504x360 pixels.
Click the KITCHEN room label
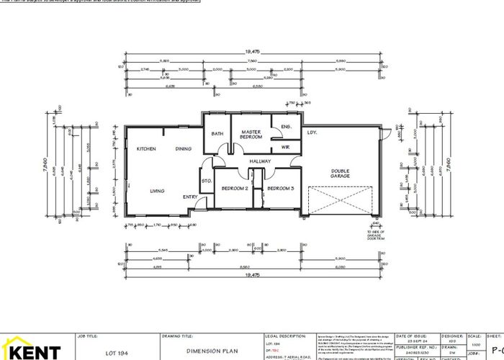click(147, 149)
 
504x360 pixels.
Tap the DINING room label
click(184, 149)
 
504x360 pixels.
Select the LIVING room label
click(157, 191)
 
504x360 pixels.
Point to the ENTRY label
click(190, 197)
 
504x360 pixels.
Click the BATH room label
click(217, 134)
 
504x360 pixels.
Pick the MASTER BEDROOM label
click(251, 135)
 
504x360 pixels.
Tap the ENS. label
click(285, 127)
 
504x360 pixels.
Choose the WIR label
click(285, 146)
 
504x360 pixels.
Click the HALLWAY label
click(259, 161)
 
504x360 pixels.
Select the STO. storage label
click(205, 181)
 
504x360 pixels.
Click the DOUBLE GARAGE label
click(340, 174)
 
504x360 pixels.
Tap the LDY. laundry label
click(312, 133)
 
